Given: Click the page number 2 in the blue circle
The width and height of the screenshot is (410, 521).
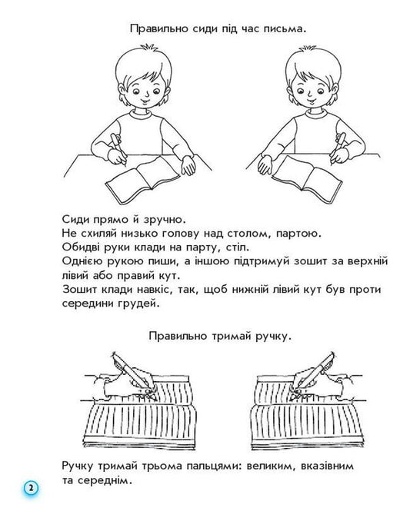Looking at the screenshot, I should pos(30,489).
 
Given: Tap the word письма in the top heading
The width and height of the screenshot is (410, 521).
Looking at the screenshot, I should pos(275,29).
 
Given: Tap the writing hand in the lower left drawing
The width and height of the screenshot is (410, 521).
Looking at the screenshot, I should pos(123,381).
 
